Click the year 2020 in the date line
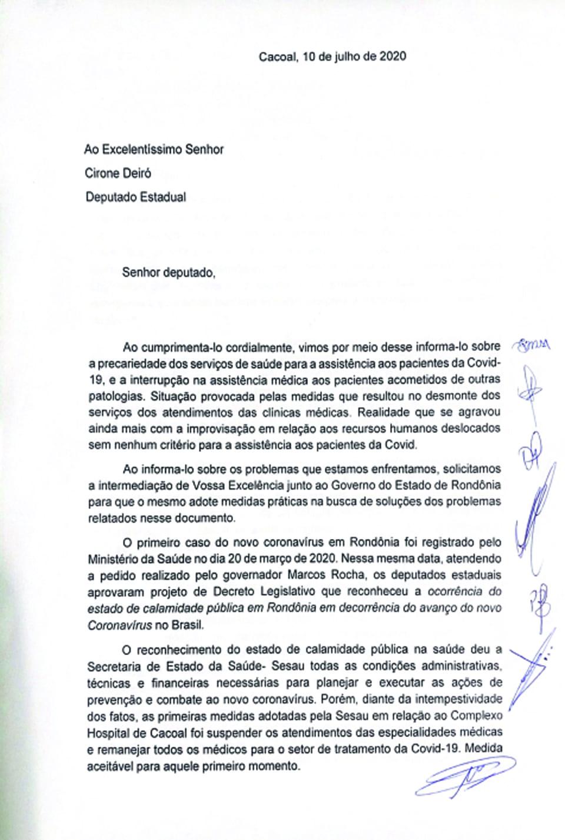391,57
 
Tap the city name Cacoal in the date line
278,57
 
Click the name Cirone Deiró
119,173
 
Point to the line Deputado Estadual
135,197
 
